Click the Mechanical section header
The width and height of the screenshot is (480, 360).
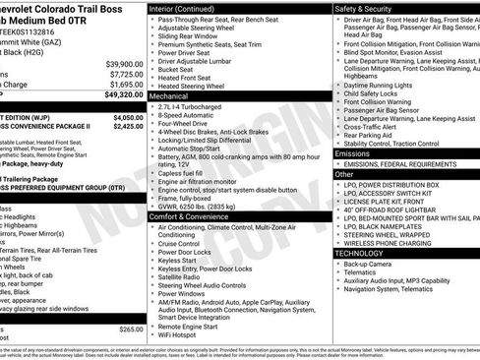click(x=169, y=98)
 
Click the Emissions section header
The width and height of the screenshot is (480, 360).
click(x=353, y=153)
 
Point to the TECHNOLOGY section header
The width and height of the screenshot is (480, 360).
click(x=358, y=254)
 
